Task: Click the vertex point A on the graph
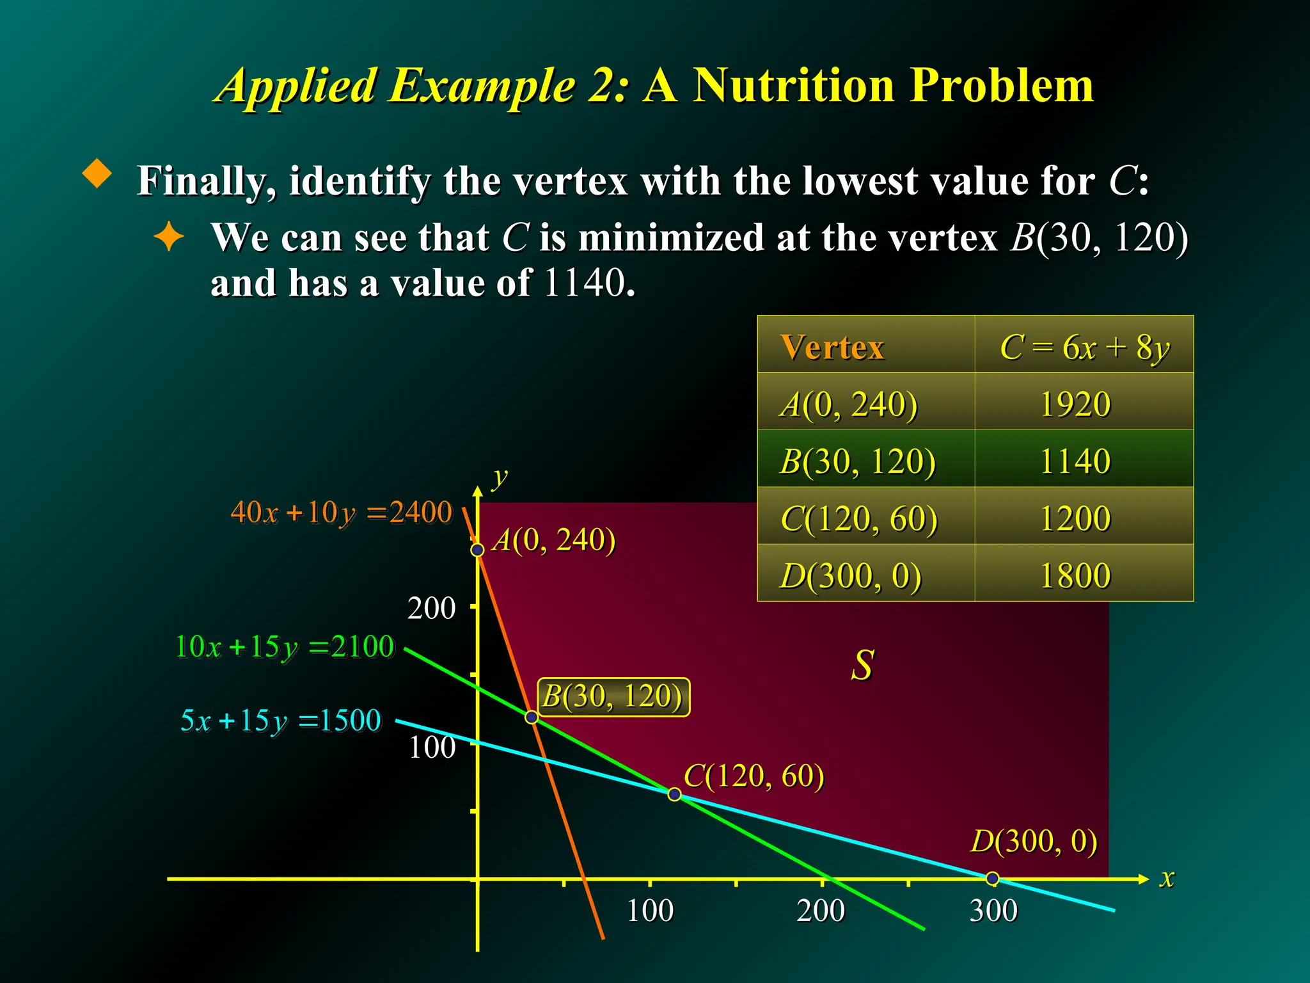tap(477, 550)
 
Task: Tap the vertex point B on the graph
tap(532, 717)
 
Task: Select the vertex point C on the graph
tap(674, 794)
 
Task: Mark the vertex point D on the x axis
tap(992, 879)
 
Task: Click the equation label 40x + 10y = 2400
tap(341, 513)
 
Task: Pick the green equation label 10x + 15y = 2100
tap(285, 647)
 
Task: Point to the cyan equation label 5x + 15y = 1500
tap(281, 721)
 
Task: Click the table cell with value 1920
tap(1075, 404)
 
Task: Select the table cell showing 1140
tap(1075, 461)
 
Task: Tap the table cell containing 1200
tap(1075, 518)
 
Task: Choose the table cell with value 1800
tap(1075, 575)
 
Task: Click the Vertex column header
tap(832, 348)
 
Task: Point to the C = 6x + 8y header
tap(1085, 348)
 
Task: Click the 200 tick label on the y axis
tap(432, 608)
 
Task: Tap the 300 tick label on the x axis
tap(993, 911)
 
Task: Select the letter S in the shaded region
tap(862, 665)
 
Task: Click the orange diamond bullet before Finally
tap(97, 173)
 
